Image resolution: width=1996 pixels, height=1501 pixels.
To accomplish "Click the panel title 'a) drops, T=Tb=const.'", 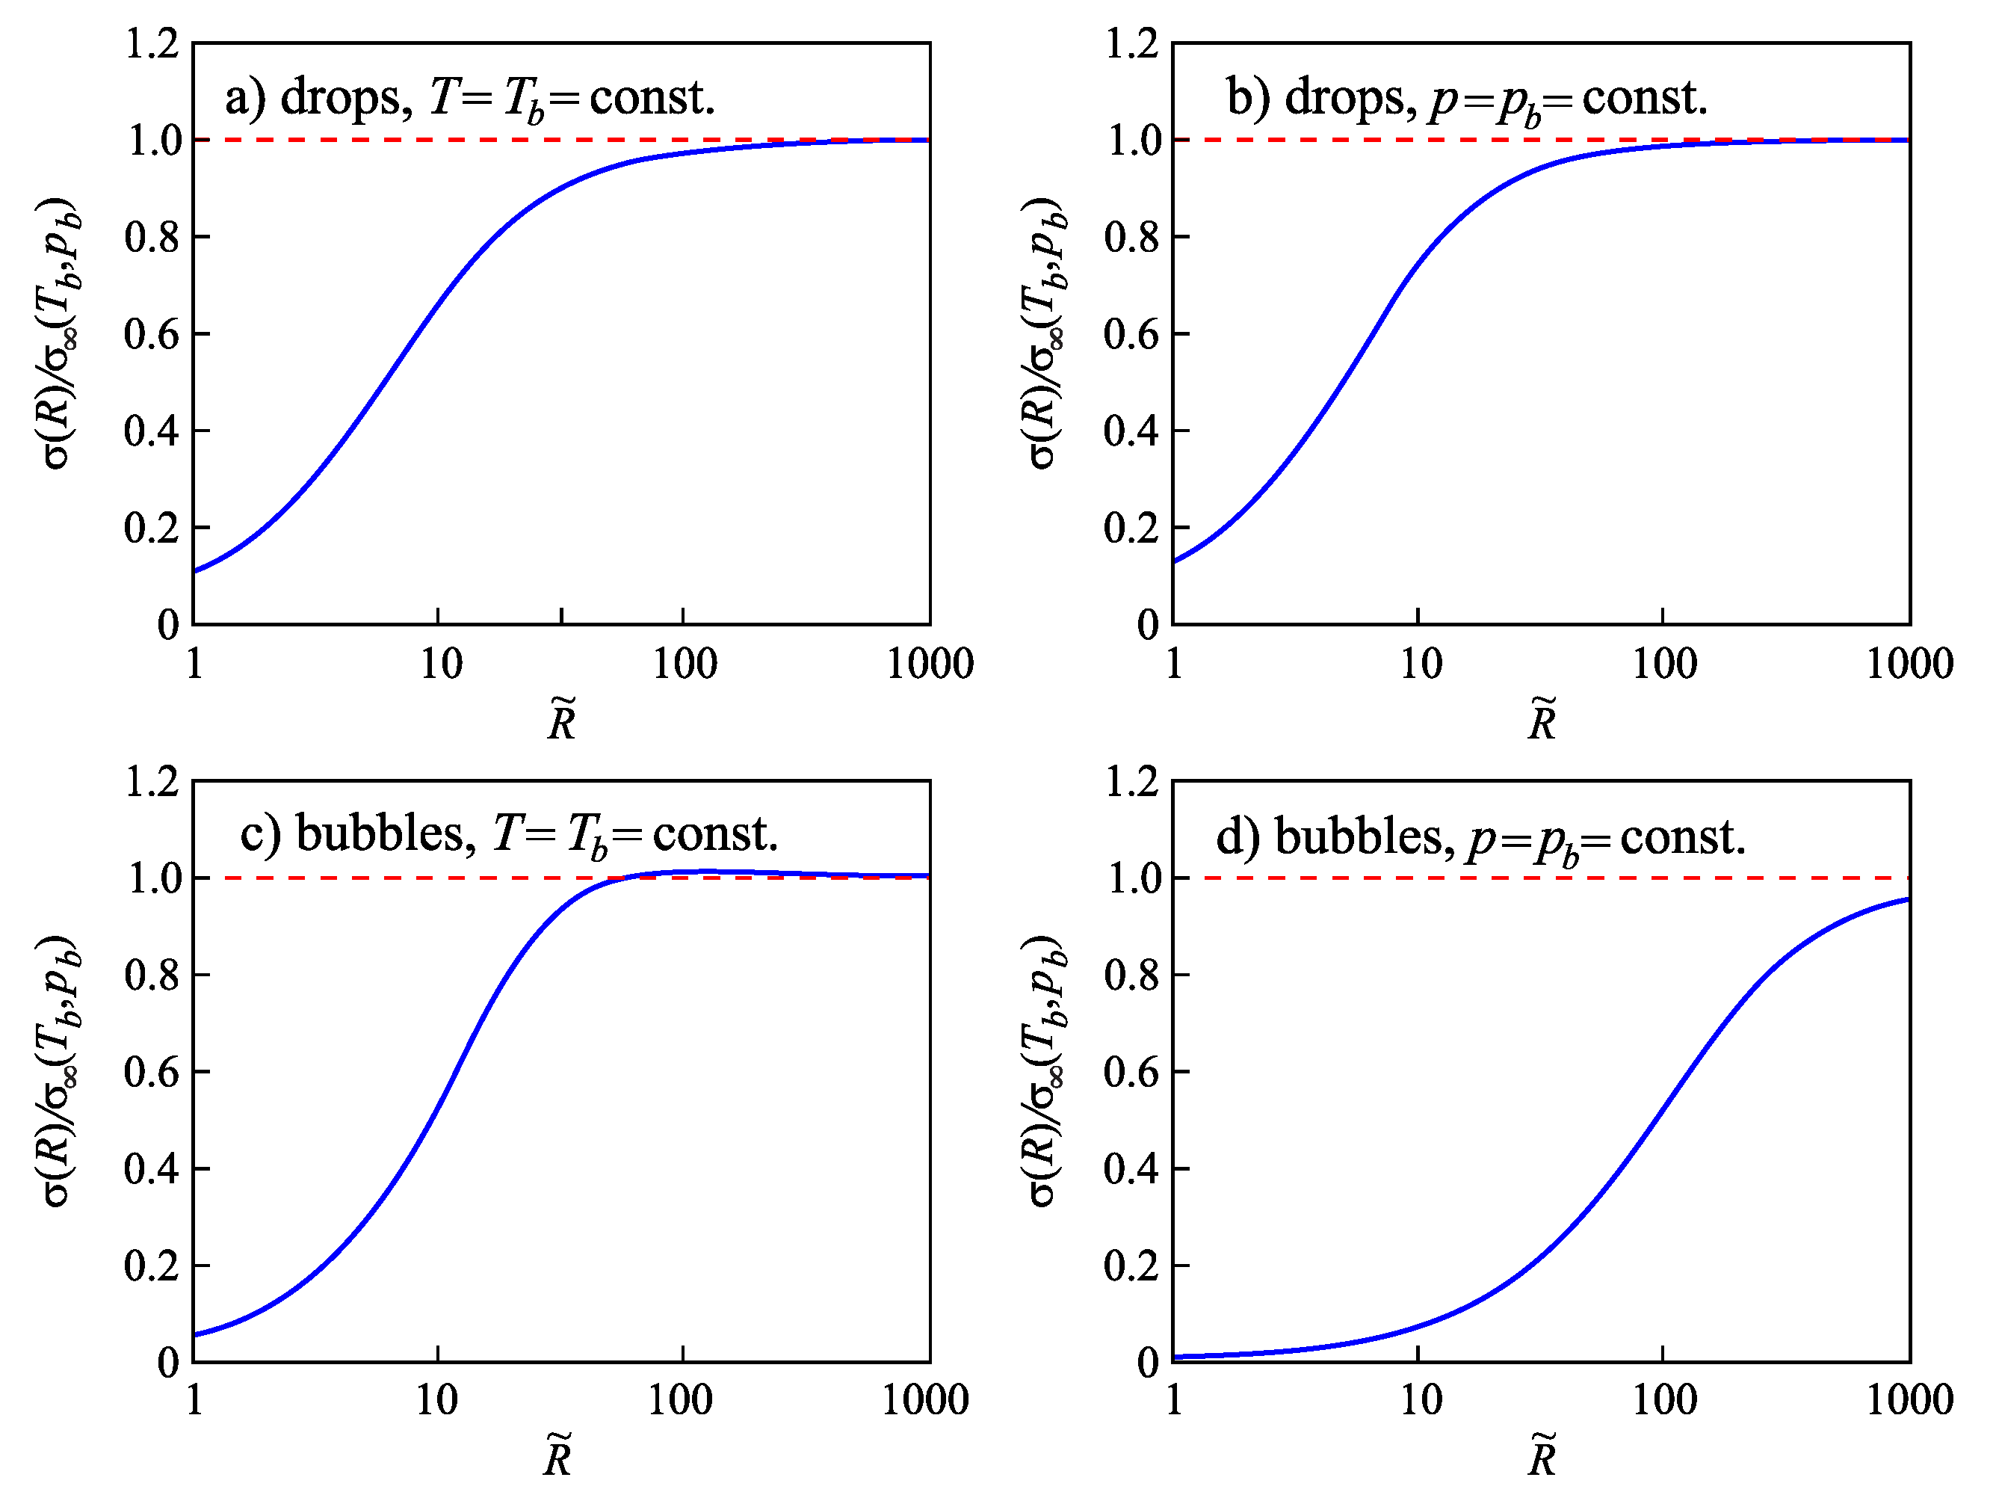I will point(469,97).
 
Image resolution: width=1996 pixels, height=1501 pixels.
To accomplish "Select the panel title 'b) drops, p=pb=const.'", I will point(1466,97).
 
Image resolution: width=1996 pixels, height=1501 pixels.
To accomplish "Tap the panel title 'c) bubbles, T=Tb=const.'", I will point(508,834).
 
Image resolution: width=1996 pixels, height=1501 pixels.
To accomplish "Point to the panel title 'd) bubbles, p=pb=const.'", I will point(1480,838).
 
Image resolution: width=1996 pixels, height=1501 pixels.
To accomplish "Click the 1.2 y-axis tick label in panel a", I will point(152,43).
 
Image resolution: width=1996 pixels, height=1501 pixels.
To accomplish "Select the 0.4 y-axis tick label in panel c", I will point(152,1169).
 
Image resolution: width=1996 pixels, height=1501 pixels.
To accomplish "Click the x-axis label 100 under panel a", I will point(684,665).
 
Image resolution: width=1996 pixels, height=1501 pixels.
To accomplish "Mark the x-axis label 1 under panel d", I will point(1173,1401).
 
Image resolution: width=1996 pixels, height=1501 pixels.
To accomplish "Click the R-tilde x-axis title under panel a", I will point(561,719).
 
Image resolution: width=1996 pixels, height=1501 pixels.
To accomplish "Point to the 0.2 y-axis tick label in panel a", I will point(152,528).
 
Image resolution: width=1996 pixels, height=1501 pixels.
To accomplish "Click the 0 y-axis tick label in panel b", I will point(1147,625).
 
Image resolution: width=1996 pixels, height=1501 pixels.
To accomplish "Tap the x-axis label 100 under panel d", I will point(1664,1401).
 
